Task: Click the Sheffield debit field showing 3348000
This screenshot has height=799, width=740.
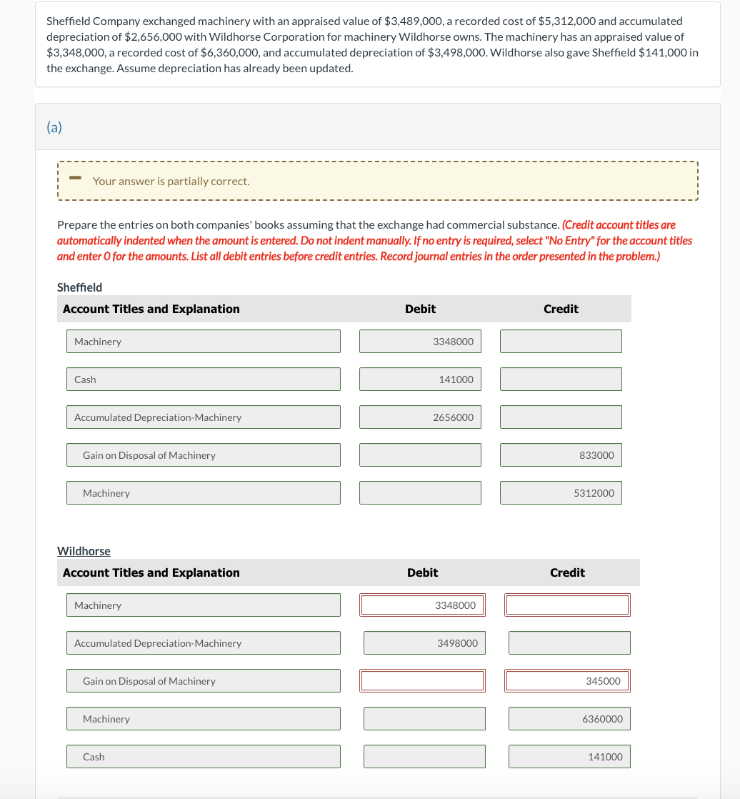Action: point(420,342)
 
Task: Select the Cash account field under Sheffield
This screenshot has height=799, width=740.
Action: point(204,379)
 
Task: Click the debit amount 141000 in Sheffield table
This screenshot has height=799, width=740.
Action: point(420,379)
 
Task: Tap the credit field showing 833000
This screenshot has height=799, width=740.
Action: point(561,455)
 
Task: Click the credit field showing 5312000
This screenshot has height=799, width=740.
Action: point(561,493)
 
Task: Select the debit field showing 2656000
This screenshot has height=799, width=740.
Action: point(420,417)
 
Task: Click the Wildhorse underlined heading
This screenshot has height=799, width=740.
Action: point(84,551)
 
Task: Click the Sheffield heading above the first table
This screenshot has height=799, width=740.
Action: point(79,287)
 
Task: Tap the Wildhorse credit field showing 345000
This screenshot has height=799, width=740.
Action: point(567,681)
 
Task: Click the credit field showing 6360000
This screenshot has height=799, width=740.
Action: point(569,719)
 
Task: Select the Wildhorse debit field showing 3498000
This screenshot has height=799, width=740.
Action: point(424,643)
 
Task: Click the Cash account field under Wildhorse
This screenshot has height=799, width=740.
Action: point(204,757)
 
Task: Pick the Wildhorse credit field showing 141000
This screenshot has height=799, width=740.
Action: point(569,757)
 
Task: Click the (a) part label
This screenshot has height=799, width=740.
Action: point(54,127)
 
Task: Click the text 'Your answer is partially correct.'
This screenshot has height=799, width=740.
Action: point(171,182)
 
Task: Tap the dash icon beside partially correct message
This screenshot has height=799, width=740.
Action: point(74,178)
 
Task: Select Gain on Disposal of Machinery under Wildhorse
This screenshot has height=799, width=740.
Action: point(204,681)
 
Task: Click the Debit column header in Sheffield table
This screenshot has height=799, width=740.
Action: point(420,309)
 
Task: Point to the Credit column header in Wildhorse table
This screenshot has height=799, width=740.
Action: point(567,572)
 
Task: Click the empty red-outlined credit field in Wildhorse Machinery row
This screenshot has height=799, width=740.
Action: point(567,605)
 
